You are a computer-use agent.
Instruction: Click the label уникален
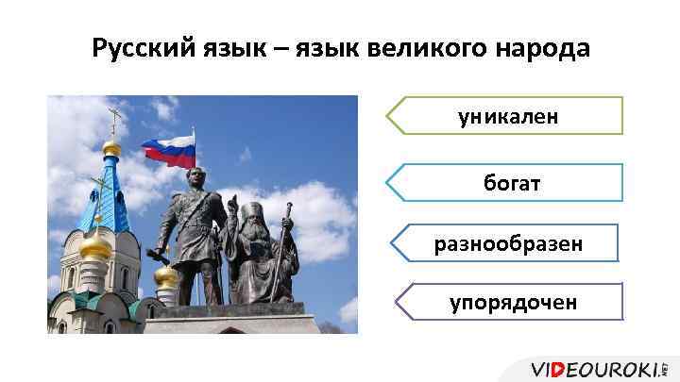(x=507, y=116)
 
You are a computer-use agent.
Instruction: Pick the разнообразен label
(x=508, y=243)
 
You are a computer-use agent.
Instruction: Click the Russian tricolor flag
(x=169, y=151)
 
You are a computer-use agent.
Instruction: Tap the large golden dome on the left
(x=95, y=246)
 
